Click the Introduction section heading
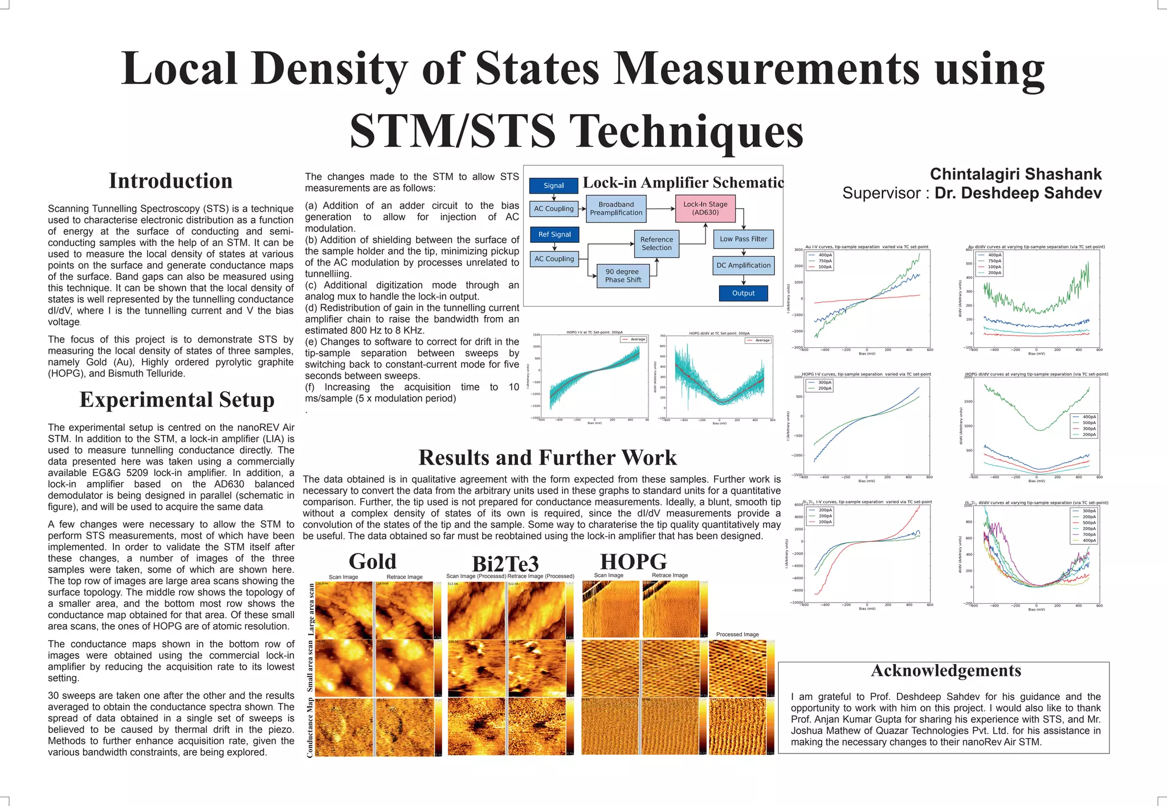click(x=170, y=181)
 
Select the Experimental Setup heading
click(x=177, y=400)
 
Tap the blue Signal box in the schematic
click(x=553, y=186)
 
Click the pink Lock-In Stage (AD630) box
click(x=705, y=209)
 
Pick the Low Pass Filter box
click(x=743, y=239)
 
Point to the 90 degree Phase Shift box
click(x=623, y=276)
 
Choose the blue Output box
click(x=743, y=294)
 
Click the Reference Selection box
click(x=656, y=244)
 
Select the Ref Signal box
click(x=554, y=234)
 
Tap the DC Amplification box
click(x=743, y=266)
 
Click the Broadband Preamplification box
click(x=616, y=209)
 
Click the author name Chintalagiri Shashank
click(x=1015, y=174)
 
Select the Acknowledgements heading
click(x=946, y=671)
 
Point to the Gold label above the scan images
click(x=372, y=561)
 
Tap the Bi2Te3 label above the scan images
click(x=505, y=564)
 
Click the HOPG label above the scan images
click(x=633, y=561)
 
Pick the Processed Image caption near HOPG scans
click(x=737, y=634)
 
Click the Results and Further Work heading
click(x=547, y=458)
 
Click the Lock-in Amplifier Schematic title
click(x=683, y=183)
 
